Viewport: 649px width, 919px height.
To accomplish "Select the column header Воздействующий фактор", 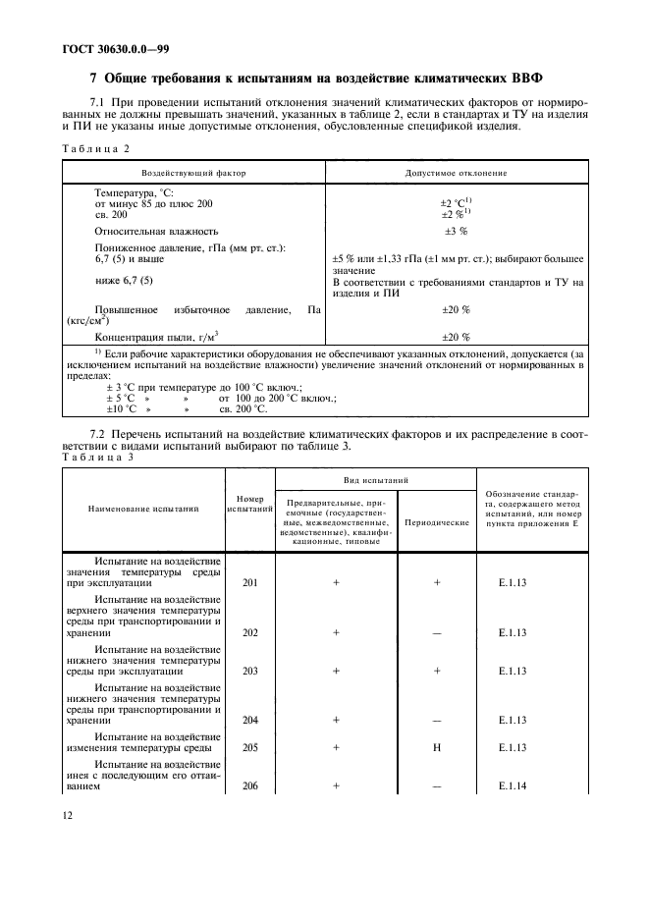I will [191, 172].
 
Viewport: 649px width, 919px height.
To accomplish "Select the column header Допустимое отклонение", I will [456, 172].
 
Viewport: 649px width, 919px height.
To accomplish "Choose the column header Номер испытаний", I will [249, 504].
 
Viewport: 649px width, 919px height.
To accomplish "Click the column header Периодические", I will [437, 522].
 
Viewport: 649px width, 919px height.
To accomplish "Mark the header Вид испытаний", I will [376, 480].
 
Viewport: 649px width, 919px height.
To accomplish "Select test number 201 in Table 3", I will [249, 582].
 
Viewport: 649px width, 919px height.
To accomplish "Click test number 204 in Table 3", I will [249, 720].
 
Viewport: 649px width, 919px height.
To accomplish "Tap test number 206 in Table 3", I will [249, 786].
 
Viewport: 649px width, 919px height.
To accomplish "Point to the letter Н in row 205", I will [437, 747].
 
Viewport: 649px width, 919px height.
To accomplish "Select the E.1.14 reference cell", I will [513, 786].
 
